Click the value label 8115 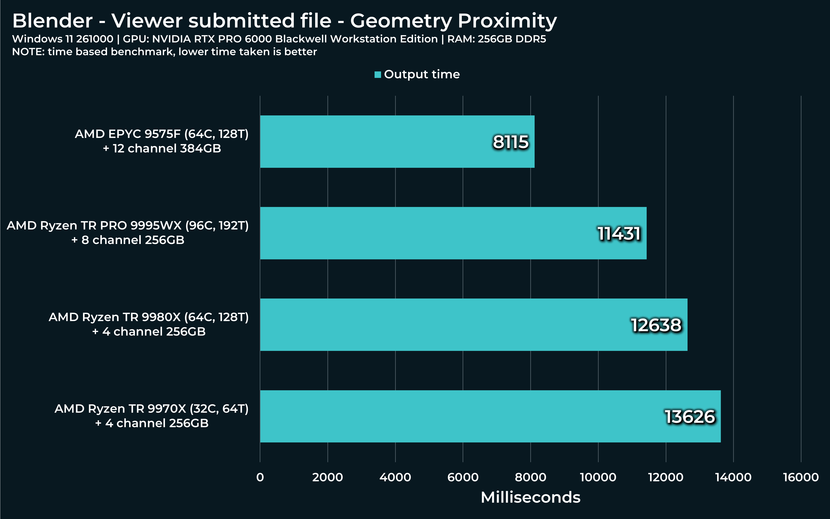511,142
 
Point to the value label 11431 619,234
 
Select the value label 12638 656,326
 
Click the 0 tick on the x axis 260,477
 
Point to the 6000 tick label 463,477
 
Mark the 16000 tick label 801,477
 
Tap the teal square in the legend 378,74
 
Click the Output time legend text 422,74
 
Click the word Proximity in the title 507,21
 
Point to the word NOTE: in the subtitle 28,52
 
